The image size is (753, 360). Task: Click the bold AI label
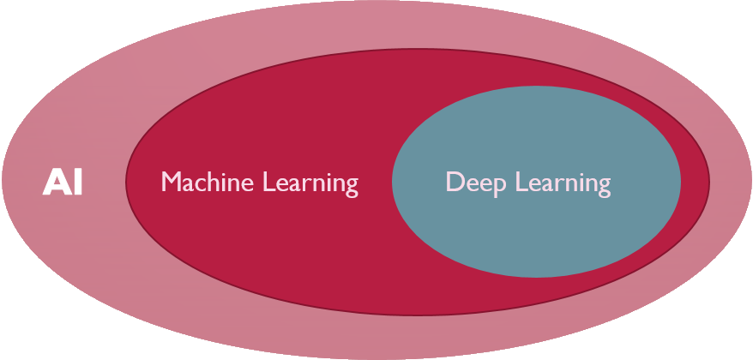[x=63, y=183]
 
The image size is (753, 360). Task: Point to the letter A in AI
[x=56, y=183]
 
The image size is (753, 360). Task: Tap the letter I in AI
[x=77, y=183]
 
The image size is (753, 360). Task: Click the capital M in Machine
[x=170, y=183]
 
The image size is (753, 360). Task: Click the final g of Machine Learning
[x=350, y=187]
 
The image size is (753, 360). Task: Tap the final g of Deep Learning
[x=603, y=187]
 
